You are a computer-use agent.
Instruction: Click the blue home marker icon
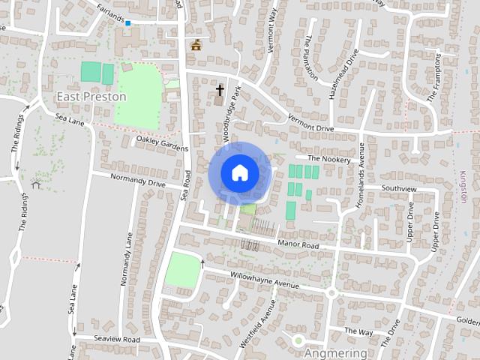pyautogui.click(x=239, y=173)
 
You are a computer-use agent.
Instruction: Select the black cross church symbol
pyautogui.click(x=220, y=91)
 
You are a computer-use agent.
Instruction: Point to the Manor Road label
pyautogui.click(x=298, y=245)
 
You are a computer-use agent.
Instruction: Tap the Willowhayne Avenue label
pyautogui.click(x=264, y=280)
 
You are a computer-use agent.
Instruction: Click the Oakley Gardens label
pyautogui.click(x=162, y=143)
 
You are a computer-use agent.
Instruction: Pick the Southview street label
pyautogui.click(x=398, y=188)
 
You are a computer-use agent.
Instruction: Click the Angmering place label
pyautogui.click(x=336, y=352)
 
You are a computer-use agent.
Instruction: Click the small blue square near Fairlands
pyautogui.click(x=128, y=23)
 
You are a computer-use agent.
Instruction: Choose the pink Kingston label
pyautogui.click(x=463, y=186)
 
